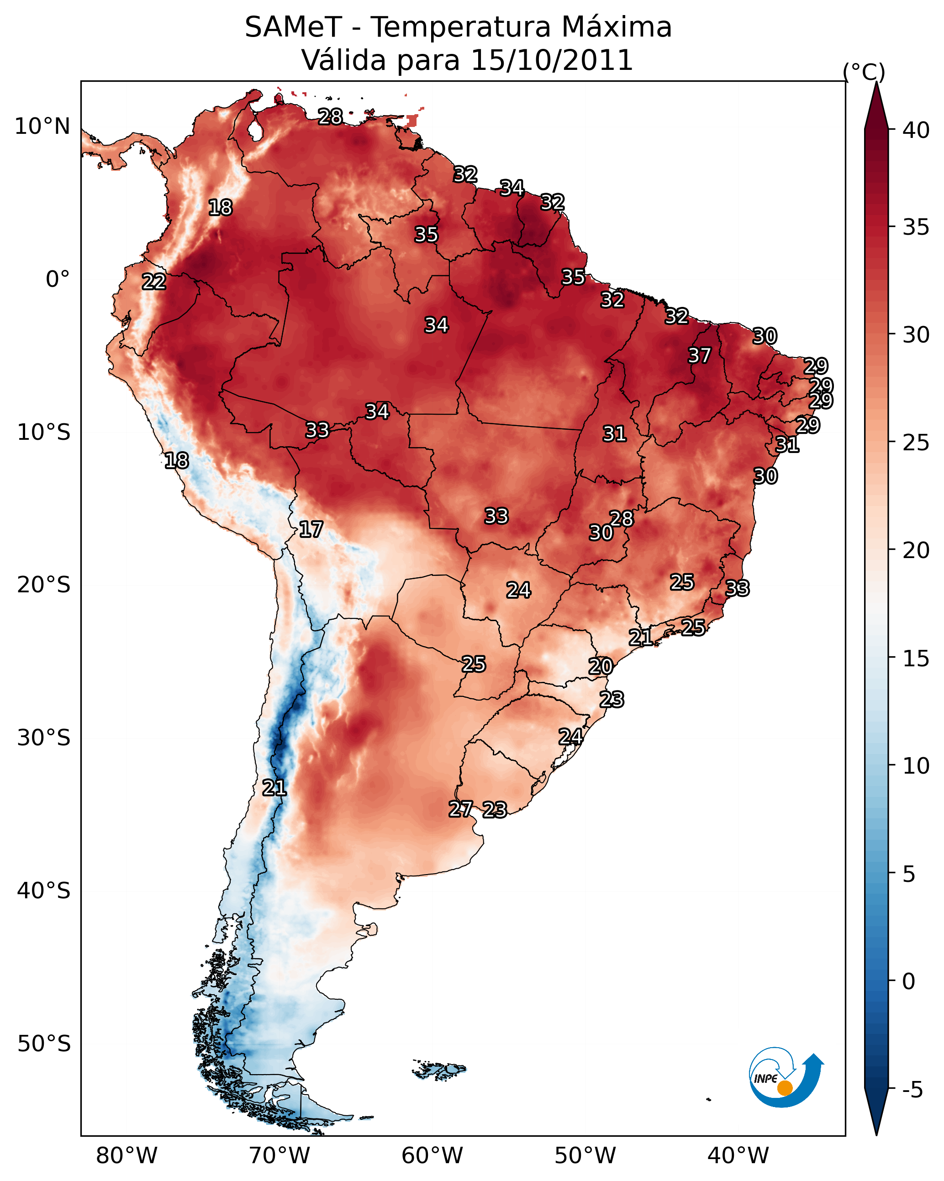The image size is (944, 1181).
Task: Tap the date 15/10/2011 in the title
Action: click(551, 60)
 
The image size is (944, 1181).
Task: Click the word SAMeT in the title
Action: click(293, 27)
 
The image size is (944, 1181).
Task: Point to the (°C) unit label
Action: click(864, 72)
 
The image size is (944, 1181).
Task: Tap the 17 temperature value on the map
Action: click(311, 530)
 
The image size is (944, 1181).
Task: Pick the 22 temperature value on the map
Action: click(154, 282)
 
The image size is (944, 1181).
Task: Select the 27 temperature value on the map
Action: click(460, 809)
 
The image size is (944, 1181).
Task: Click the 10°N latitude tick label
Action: click(42, 127)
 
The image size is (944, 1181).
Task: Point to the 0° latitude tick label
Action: click(58, 279)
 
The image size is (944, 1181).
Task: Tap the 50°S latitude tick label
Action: click(44, 1044)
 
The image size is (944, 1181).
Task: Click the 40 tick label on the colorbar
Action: click(916, 130)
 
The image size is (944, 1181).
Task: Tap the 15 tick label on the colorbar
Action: click(916, 659)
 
